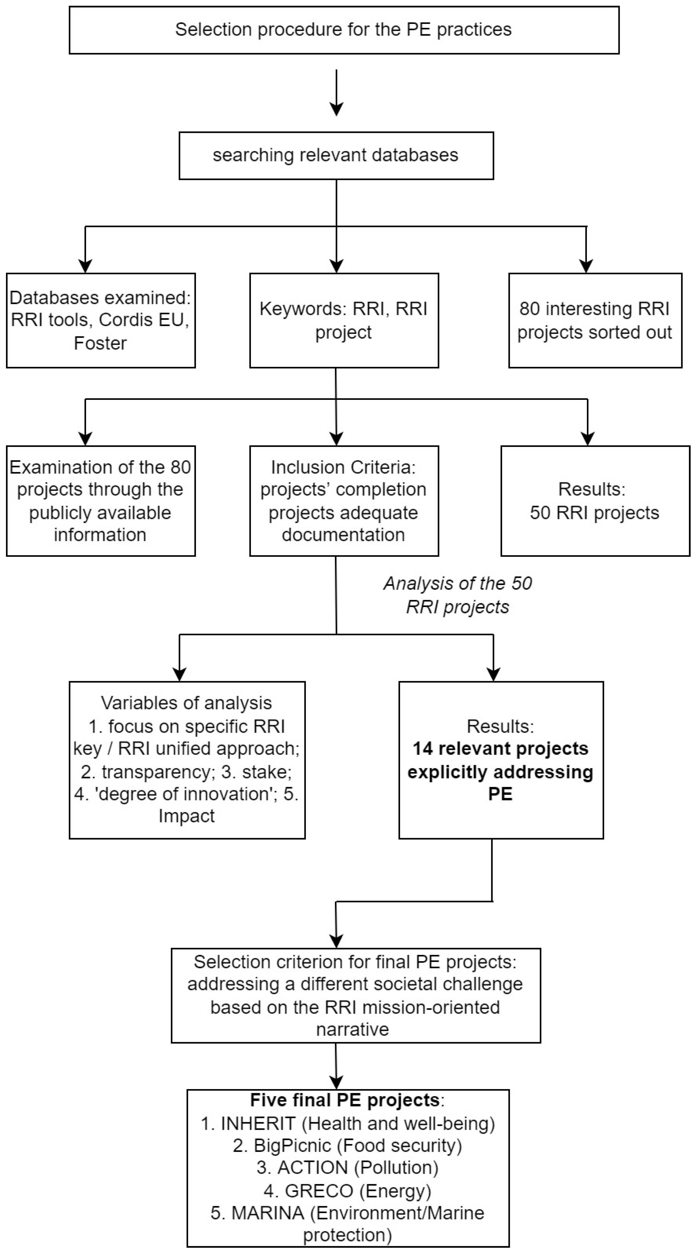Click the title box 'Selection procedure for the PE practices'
click(344, 30)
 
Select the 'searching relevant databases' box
click(336, 155)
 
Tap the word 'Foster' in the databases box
click(100, 343)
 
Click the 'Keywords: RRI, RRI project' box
click(344, 320)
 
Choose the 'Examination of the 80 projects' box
click(101, 501)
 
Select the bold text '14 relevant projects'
click(500, 748)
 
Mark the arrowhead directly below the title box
click(336, 109)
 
